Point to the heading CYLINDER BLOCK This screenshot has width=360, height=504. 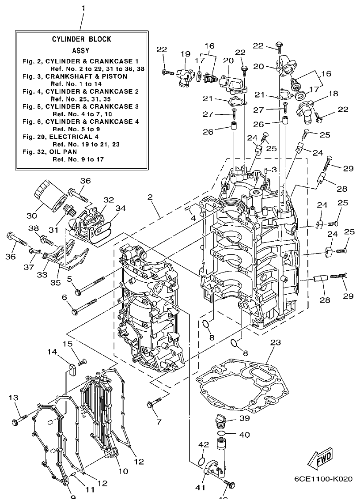[82, 39]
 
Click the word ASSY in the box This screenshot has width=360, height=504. [81, 50]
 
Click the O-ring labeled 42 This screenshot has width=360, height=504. [201, 461]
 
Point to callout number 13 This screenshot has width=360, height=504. [14, 398]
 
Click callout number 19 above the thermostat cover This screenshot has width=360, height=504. [185, 53]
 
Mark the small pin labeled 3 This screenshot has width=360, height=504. [266, 170]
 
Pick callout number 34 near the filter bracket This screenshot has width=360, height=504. [121, 208]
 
